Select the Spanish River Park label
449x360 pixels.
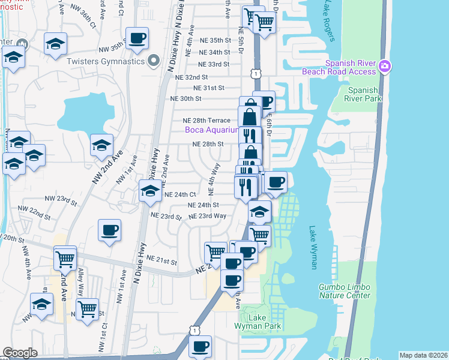point(363,94)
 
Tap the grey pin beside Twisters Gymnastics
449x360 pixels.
point(154,61)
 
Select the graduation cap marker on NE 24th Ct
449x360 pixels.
point(149,191)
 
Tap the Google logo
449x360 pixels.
point(20,353)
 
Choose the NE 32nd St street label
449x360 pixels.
point(191,77)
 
